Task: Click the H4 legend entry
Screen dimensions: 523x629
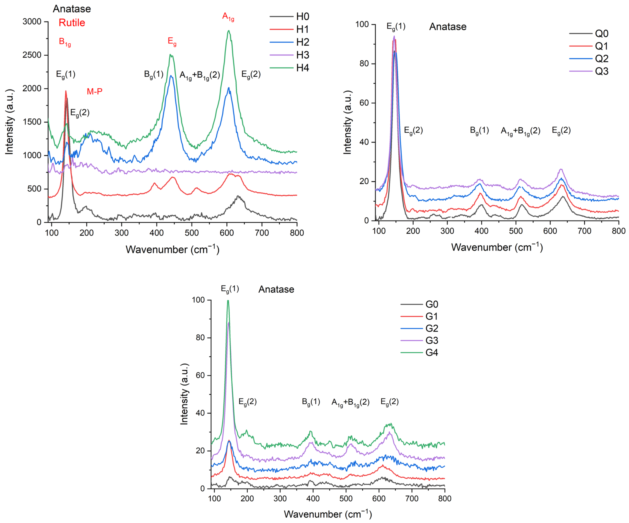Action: [x=303, y=68]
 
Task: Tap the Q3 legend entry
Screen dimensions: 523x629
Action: [x=601, y=71]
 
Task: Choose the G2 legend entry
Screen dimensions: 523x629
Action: [x=432, y=328]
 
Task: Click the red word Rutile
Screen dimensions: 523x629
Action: [x=72, y=23]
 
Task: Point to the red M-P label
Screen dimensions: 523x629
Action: [x=95, y=91]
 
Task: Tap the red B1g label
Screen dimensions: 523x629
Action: [x=65, y=42]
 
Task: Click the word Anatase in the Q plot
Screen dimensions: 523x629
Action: [x=448, y=27]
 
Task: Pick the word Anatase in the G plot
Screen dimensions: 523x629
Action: [x=276, y=289]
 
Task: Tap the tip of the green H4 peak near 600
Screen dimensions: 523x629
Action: [x=228, y=31]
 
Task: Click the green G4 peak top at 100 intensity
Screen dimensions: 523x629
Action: [x=228, y=301]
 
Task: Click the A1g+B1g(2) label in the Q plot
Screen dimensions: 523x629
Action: [x=520, y=131]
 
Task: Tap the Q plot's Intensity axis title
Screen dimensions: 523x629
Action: [x=347, y=122]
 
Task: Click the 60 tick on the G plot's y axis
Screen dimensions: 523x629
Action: [x=200, y=375]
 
